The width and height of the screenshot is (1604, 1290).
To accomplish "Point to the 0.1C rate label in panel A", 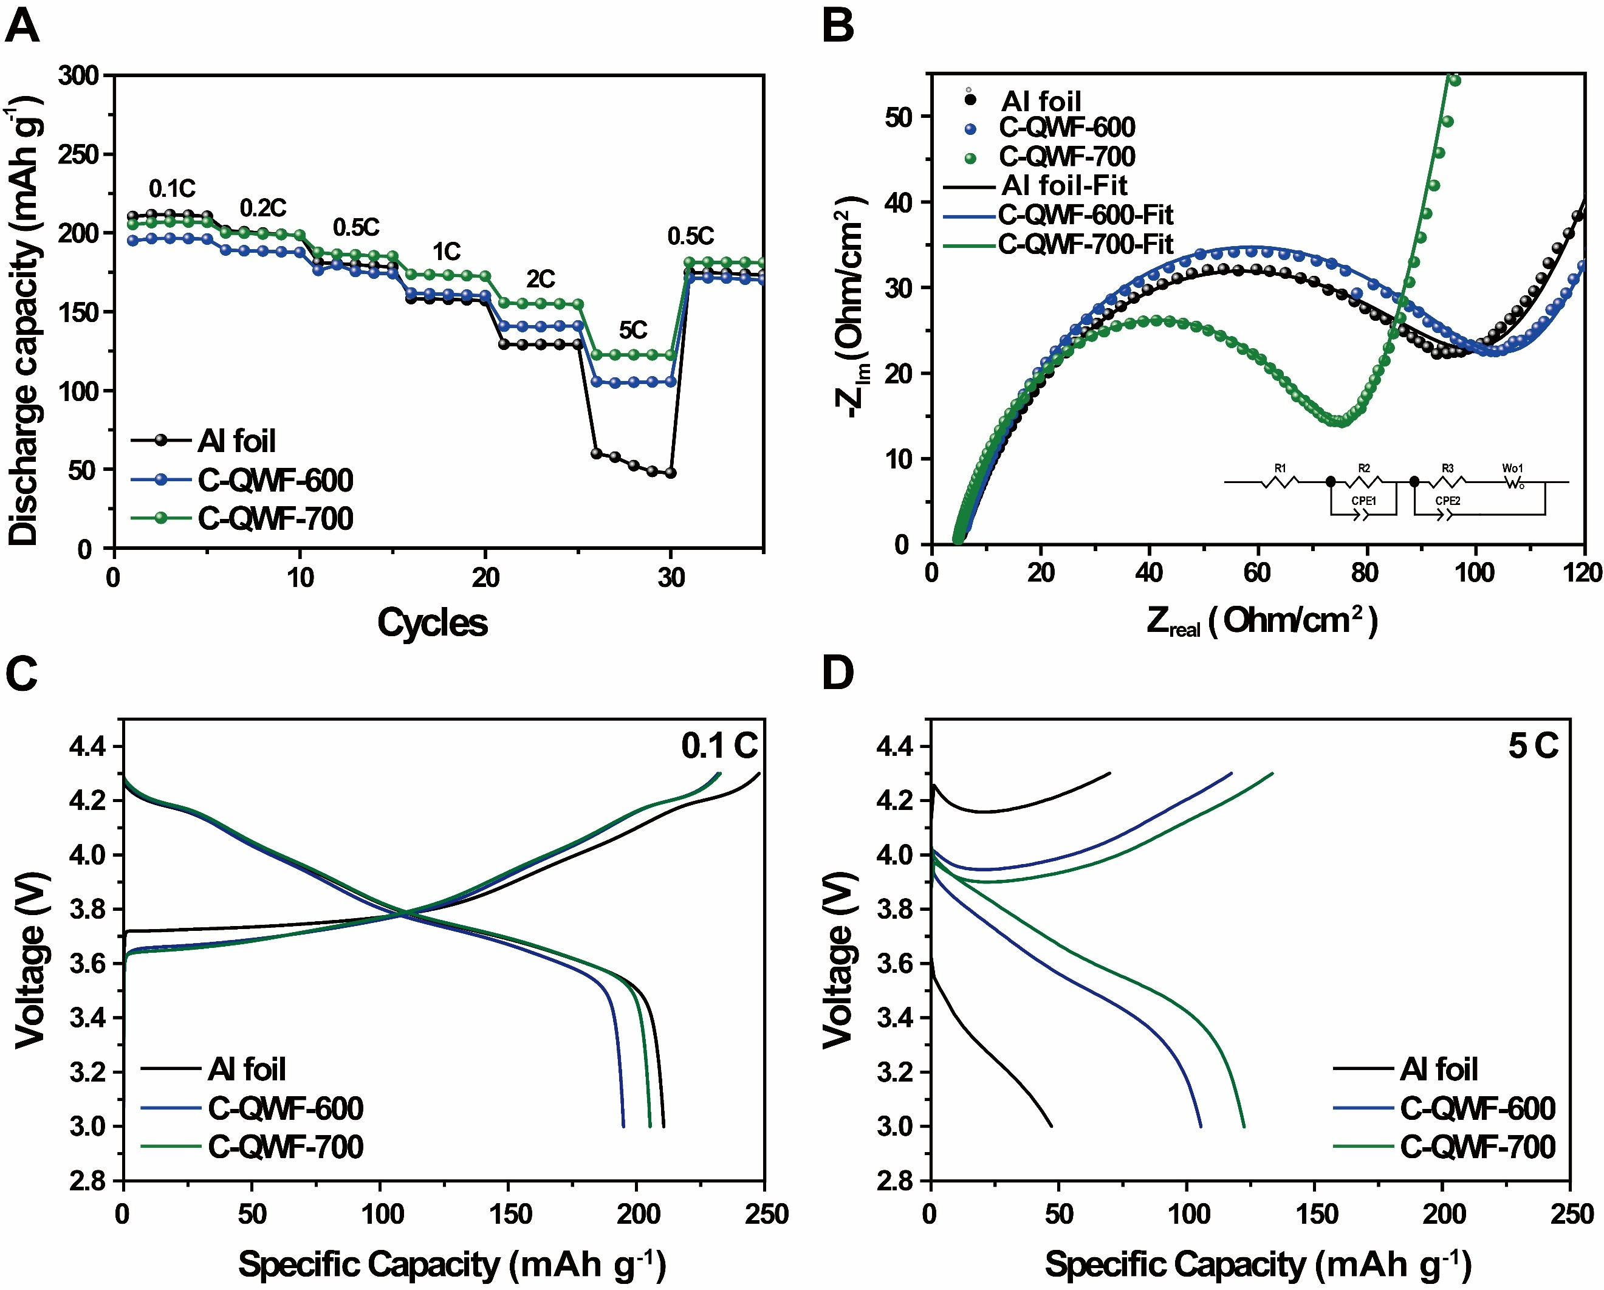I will (172, 188).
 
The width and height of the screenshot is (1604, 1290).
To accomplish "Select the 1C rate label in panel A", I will (447, 252).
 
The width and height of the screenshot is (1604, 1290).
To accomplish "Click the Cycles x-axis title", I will (432, 622).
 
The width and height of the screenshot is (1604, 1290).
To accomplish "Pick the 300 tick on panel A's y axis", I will (78, 75).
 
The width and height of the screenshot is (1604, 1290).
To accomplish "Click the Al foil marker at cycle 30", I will (671, 472).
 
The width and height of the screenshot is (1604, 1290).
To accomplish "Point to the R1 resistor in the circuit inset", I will (1280, 481).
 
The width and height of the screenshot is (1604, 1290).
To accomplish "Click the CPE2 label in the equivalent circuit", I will (1447, 501).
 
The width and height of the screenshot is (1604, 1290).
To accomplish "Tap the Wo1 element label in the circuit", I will (1512, 468).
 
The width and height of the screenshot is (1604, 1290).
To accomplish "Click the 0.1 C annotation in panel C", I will (719, 746).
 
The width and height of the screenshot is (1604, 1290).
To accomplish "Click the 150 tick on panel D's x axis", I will (1316, 1215).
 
